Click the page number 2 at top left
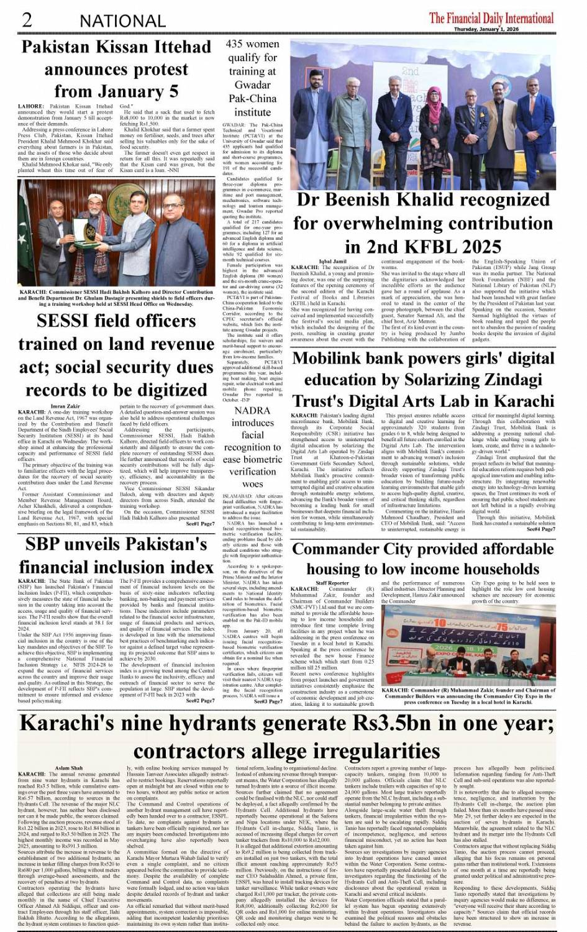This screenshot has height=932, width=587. pyautogui.click(x=27, y=19)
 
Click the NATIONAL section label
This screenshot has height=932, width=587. pyautogui.click(x=122, y=21)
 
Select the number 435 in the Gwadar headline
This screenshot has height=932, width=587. pyautogui.click(x=235, y=44)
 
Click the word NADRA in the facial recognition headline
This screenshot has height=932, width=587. pyautogui.click(x=252, y=411)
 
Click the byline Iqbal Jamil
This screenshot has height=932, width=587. pyautogui.click(x=333, y=262)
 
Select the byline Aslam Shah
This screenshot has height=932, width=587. pyautogui.click(x=69, y=769)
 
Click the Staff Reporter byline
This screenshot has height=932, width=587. pyautogui.click(x=333, y=583)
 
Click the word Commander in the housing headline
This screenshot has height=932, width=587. pyautogui.click(x=339, y=549)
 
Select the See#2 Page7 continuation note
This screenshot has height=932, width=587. pyautogui.click(x=200, y=700)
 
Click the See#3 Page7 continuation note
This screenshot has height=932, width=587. pyautogui.click(x=268, y=701)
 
